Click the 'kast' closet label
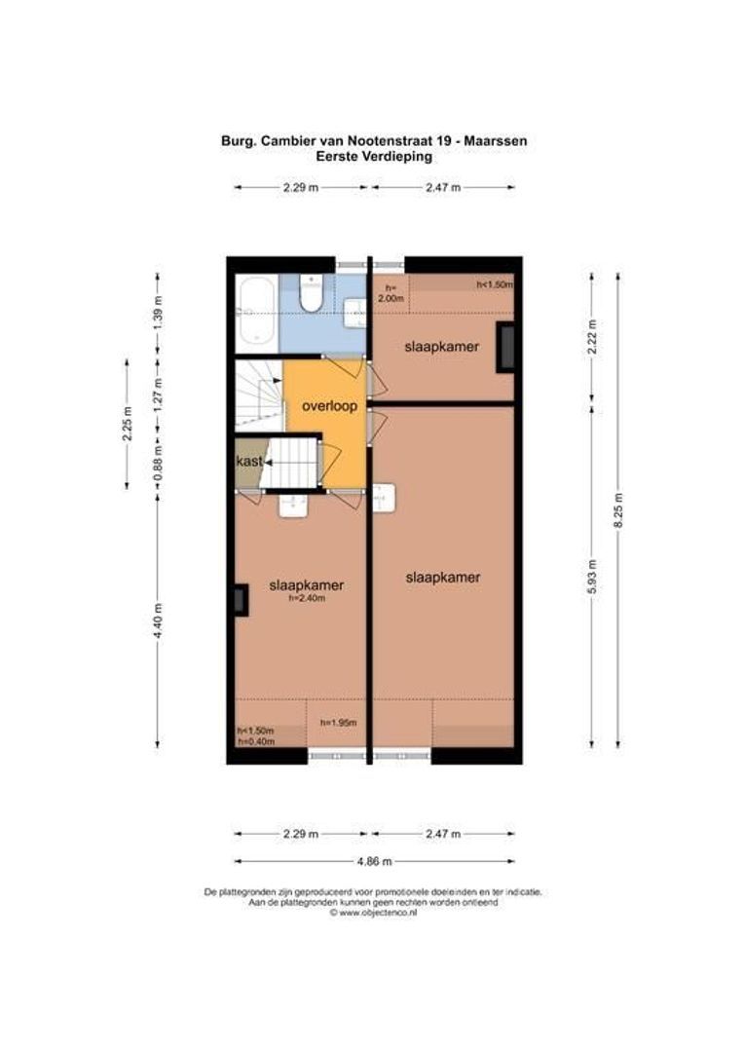pyautogui.click(x=248, y=461)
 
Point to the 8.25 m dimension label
pyautogui.click(x=617, y=510)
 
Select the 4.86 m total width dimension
pyautogui.click(x=375, y=861)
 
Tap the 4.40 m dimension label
pyautogui.click(x=159, y=620)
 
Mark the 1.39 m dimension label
pyautogui.click(x=159, y=315)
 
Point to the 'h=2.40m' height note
pyautogui.click(x=307, y=599)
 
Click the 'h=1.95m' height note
pyautogui.click(x=339, y=723)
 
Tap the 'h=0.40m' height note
pyautogui.click(x=256, y=742)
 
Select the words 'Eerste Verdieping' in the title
pyautogui.click(x=375, y=156)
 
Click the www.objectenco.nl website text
pyautogui.click(x=375, y=913)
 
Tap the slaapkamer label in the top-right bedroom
pyautogui.click(x=441, y=346)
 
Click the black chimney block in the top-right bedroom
pyautogui.click(x=505, y=347)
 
